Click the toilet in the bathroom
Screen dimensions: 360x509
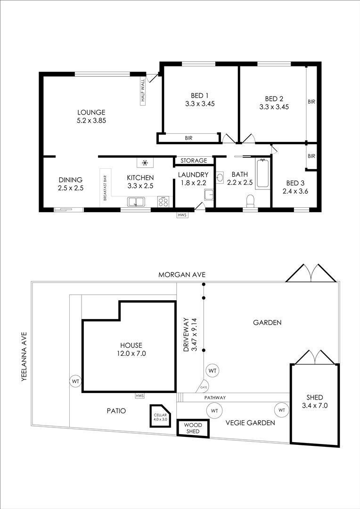(250, 201)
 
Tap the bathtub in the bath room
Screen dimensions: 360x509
(262, 173)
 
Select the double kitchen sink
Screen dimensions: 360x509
(137, 202)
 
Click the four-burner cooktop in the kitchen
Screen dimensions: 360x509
(164, 202)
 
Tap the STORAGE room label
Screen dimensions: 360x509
(194, 160)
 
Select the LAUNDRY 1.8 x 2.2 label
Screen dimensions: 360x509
(193, 179)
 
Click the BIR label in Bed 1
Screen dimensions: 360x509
(188, 138)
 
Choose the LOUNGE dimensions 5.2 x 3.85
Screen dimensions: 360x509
(92, 121)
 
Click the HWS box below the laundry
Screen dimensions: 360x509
(182, 215)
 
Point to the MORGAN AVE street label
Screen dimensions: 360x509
(182, 275)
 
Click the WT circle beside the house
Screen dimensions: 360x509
(76, 381)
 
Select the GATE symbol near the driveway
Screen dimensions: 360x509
(203, 386)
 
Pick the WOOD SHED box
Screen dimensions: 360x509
(193, 428)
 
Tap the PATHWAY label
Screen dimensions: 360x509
(215, 397)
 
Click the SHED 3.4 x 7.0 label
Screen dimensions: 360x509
(315, 401)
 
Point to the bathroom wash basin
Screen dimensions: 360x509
(220, 178)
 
